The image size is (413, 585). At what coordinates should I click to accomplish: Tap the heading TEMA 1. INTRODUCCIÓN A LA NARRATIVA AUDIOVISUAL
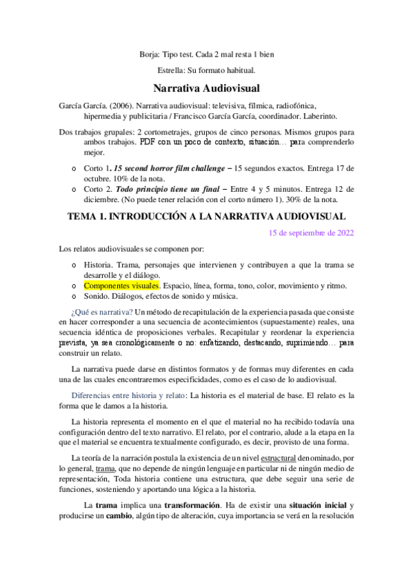pos(206,216)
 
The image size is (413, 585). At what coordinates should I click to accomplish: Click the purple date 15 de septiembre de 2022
pos(312,232)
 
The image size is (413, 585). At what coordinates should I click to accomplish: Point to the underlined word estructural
pos(260,458)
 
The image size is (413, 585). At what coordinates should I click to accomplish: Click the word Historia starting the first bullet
pos(97,264)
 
